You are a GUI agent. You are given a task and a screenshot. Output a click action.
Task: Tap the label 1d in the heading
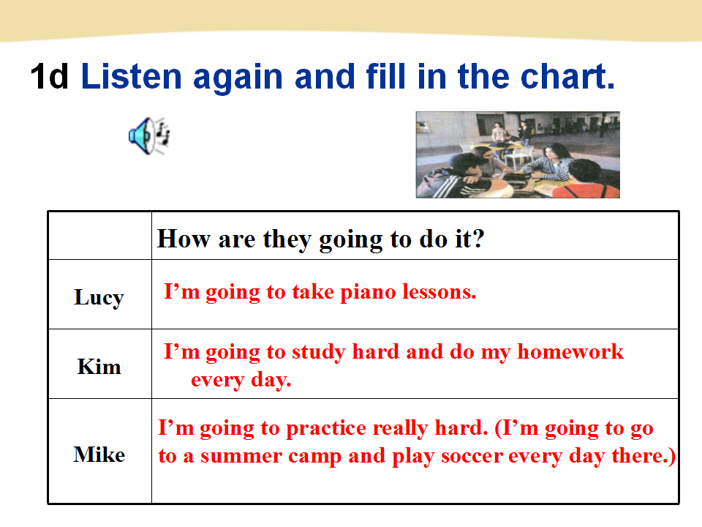click(49, 76)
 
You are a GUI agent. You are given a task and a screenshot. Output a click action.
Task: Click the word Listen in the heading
click(132, 76)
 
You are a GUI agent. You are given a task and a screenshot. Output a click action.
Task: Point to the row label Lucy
click(99, 298)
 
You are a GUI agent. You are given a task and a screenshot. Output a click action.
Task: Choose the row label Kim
click(99, 367)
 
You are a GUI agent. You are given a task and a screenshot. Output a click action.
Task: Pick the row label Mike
click(99, 455)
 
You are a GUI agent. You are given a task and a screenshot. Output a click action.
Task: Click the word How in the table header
click(184, 239)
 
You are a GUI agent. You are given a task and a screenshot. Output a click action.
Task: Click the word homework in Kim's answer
click(570, 352)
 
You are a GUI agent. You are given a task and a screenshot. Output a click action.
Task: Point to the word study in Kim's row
click(318, 353)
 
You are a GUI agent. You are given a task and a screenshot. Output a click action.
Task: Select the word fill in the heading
click(385, 76)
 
